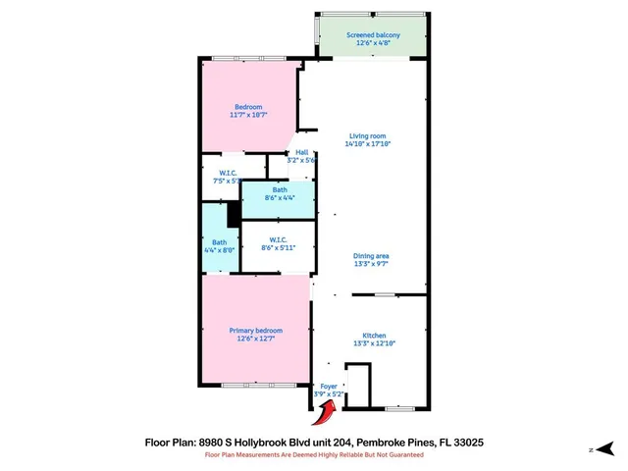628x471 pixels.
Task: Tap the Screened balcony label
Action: tap(372, 36)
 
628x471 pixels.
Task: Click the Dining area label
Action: tap(372, 256)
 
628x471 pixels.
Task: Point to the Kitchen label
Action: tap(372, 336)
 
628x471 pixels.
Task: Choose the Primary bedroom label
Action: tap(255, 331)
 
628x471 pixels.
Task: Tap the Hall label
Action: tap(302, 152)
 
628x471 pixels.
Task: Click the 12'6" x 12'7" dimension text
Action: tap(255, 340)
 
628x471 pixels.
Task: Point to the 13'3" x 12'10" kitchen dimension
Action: tap(372, 343)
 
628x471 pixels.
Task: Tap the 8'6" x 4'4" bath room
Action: tap(280, 193)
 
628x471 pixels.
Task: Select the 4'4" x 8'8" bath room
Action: tap(220, 246)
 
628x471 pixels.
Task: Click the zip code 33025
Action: tap(465, 443)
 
